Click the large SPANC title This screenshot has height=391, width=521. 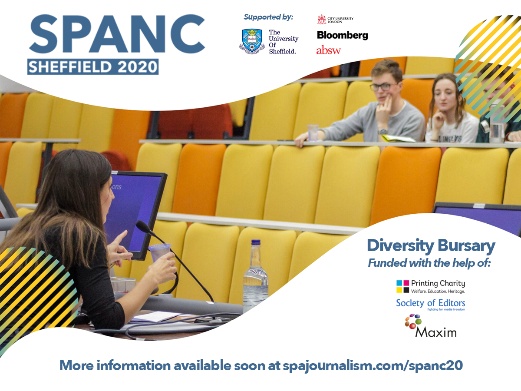(116, 34)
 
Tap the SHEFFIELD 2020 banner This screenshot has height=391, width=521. (93, 67)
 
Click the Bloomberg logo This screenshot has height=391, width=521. (342, 35)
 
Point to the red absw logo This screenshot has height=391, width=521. (328, 50)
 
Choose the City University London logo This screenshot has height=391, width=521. (335, 20)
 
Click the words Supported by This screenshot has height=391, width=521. (268, 17)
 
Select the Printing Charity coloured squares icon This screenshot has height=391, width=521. (402, 286)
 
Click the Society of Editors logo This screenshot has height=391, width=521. (431, 305)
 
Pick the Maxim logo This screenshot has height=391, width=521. (431, 326)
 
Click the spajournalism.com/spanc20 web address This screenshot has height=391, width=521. (373, 366)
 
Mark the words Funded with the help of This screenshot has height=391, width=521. (429, 263)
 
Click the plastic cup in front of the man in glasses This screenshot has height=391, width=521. (313, 133)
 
